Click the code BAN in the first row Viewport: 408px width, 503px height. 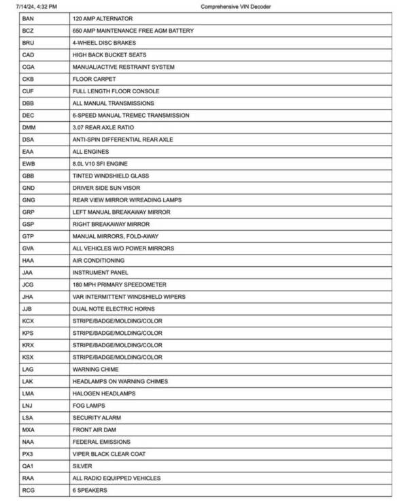28,18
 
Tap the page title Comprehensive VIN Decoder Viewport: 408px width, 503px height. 235,6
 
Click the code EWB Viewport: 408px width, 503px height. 28,163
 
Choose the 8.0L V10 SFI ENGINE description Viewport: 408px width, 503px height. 100,163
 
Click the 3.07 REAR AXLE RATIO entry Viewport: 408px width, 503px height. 103,127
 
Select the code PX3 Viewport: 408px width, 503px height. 27,453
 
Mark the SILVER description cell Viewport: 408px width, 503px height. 82,466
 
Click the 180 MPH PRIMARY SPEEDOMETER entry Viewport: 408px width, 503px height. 119,285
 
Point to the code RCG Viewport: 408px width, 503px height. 28,490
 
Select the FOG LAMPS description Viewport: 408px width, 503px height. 89,405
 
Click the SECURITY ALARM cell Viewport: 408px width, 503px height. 97,417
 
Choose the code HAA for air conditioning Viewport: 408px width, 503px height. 28,260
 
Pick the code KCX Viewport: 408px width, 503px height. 28,321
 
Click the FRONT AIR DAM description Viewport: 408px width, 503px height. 95,429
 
